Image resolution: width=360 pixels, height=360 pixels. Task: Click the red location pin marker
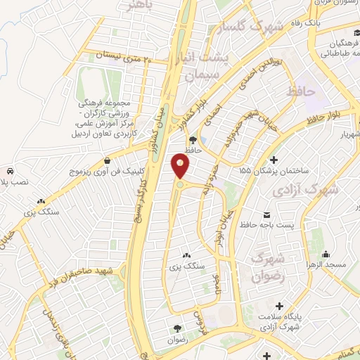pos(181,167)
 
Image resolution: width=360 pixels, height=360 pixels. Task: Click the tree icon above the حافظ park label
pos(193,139)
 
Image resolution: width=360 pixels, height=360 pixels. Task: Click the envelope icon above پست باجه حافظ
pos(266,213)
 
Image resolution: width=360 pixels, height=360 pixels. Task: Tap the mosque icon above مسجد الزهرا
pos(326,252)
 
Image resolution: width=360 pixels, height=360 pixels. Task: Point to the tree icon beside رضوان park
pos(177,328)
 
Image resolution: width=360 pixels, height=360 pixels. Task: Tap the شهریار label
pos(345,134)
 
